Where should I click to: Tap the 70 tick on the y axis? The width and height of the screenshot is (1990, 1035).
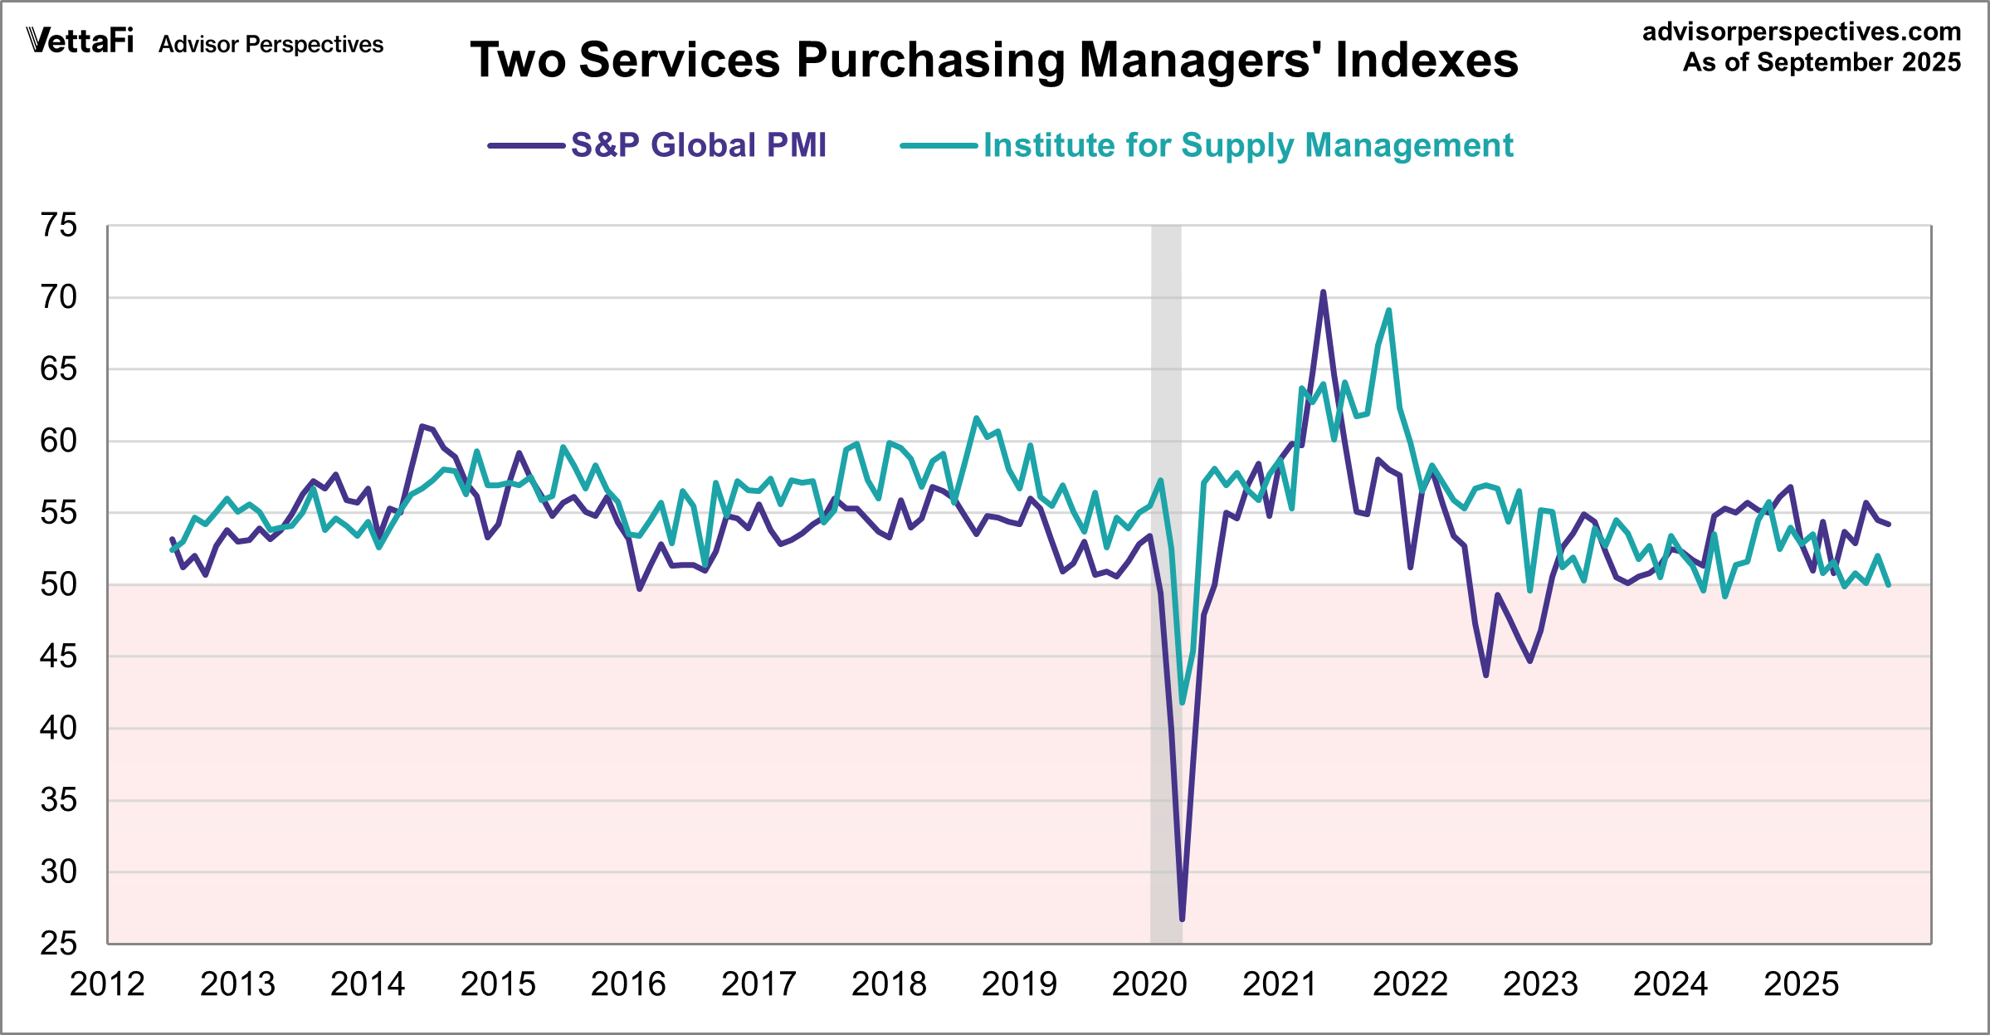click(x=59, y=297)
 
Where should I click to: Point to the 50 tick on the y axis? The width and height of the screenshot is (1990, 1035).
click(x=59, y=584)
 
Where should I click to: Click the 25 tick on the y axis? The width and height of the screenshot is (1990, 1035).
click(x=59, y=944)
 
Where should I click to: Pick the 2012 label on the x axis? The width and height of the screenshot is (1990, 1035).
click(x=107, y=984)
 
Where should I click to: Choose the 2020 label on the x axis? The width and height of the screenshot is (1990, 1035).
click(x=1149, y=984)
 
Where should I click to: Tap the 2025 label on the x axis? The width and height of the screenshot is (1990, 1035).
click(x=1801, y=984)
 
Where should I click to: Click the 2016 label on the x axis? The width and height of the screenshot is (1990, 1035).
click(x=628, y=984)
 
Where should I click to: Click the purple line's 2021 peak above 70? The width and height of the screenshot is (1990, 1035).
click(x=1323, y=292)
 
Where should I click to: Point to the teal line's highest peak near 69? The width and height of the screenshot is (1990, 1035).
click(x=1388, y=310)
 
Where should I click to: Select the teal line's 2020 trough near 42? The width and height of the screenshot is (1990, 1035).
click(x=1182, y=702)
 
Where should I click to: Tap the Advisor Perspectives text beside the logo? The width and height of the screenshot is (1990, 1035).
click(x=271, y=44)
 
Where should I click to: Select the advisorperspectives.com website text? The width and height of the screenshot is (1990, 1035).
click(x=1802, y=32)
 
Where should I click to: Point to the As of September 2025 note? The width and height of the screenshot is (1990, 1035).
click(x=1822, y=62)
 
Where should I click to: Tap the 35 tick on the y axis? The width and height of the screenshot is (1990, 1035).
click(x=59, y=800)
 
